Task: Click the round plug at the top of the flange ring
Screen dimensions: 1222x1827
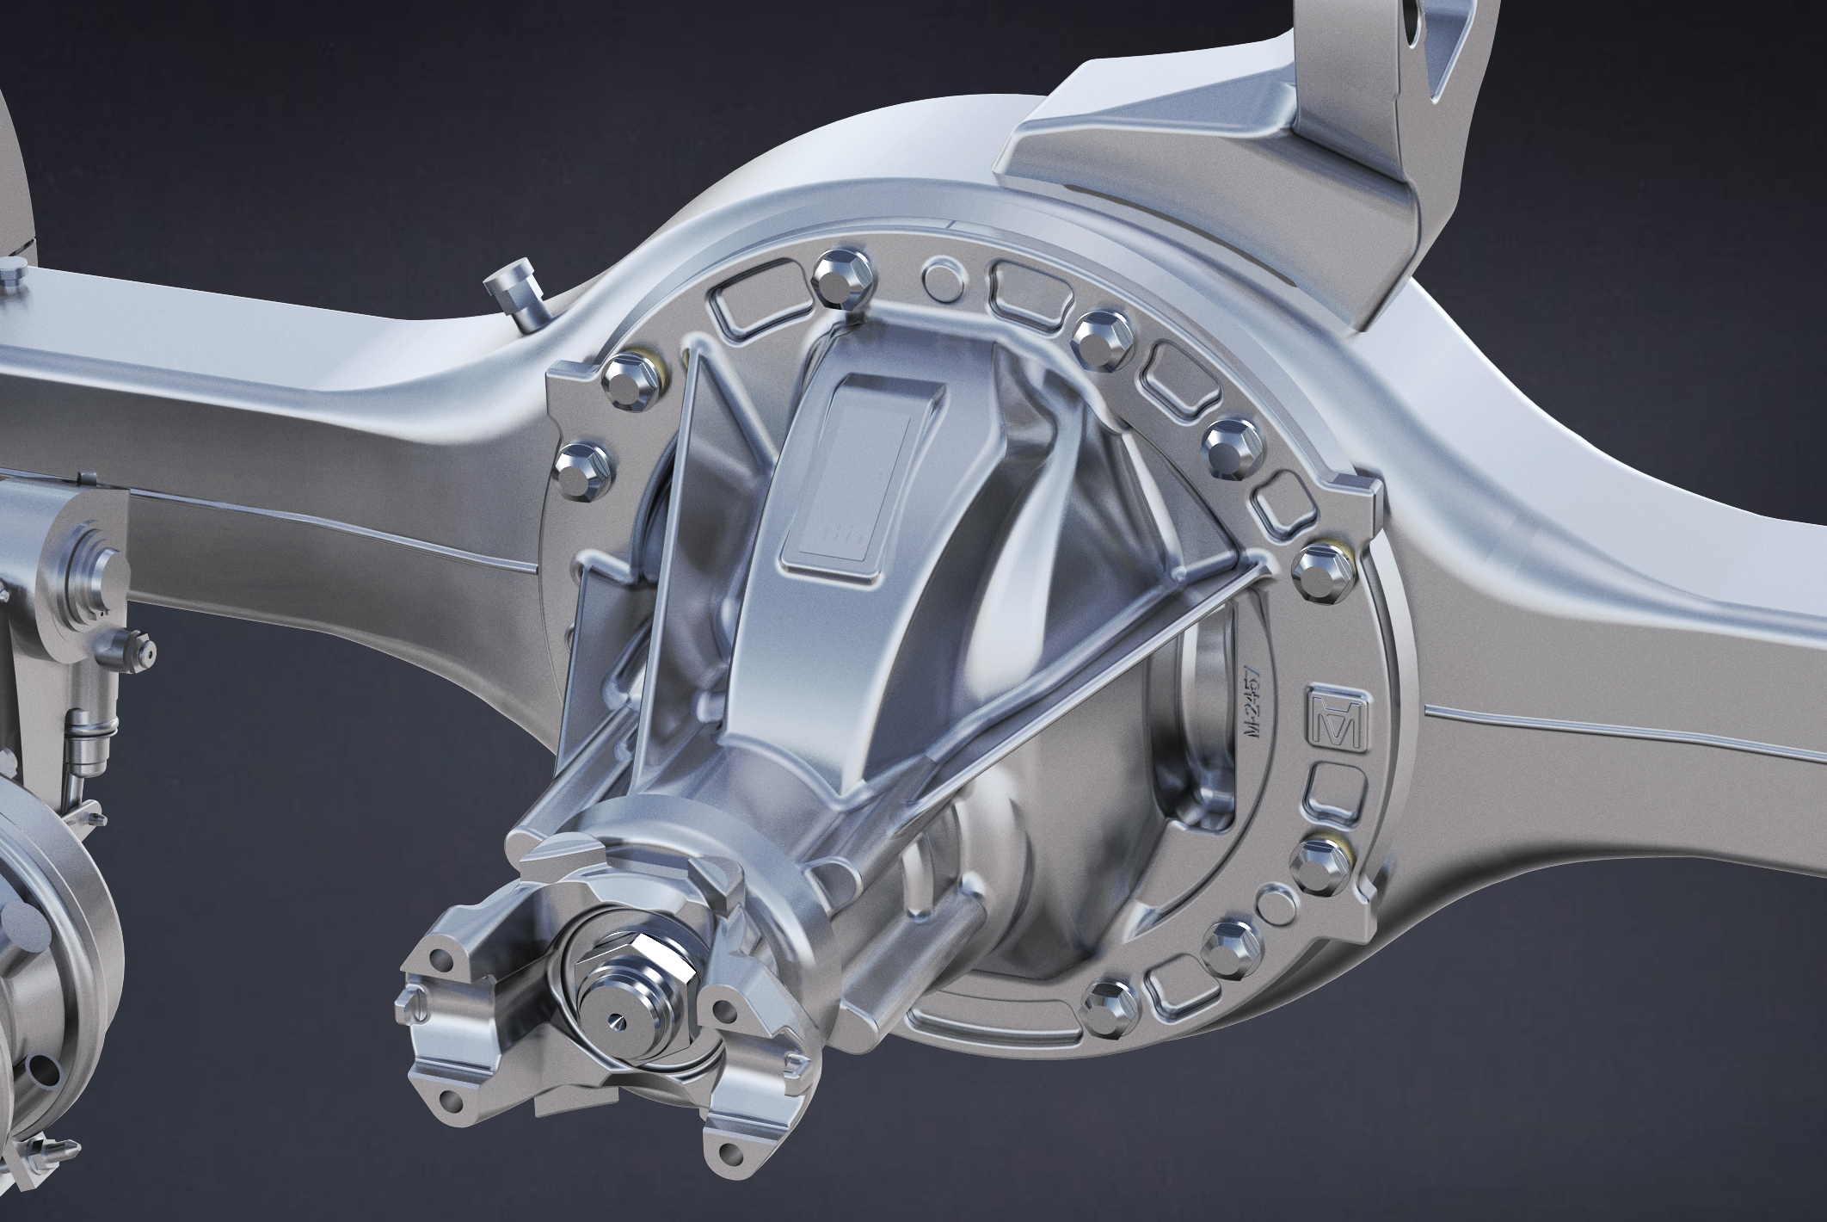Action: (939, 276)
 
